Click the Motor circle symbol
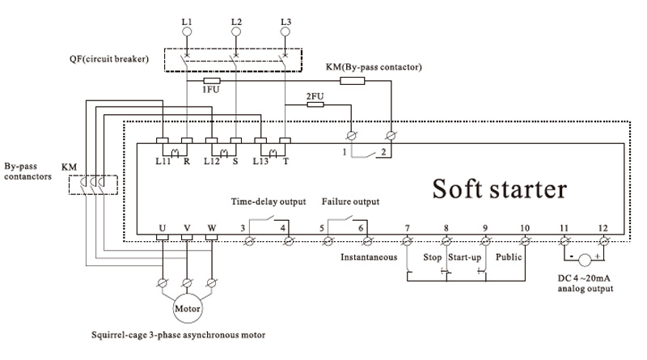point(187,308)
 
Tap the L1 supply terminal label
point(188,19)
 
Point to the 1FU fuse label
point(209,91)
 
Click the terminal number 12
point(602,227)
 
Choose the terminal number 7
point(407,227)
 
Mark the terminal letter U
point(162,227)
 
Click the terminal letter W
point(212,227)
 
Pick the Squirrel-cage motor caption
point(179,334)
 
